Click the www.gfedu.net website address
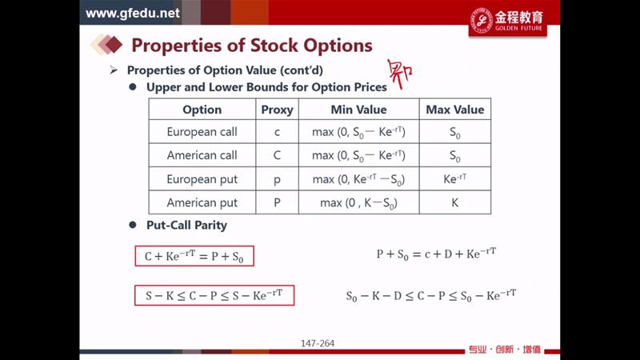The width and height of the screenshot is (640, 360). pos(133,13)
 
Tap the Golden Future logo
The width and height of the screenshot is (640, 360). pos(507,22)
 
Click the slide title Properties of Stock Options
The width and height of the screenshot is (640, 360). pos(252,46)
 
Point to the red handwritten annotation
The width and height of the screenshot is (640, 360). pos(399,74)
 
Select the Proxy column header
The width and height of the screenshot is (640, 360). pos(277,110)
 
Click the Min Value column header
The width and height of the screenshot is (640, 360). pos(358,110)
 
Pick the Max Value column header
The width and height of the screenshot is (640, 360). pos(454,110)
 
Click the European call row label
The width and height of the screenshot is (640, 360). pos(202,132)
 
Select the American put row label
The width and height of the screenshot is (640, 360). pos(202,203)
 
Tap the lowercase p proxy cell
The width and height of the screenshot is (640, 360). pos(277,180)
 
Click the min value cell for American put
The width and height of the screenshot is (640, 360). pos(358,203)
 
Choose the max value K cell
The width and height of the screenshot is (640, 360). pos(454,203)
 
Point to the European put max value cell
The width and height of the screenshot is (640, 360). pos(454,178)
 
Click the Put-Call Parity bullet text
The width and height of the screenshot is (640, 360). pos(186,226)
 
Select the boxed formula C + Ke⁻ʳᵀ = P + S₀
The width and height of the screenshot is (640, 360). pos(194,256)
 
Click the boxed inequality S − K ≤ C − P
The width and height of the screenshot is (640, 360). pos(214,295)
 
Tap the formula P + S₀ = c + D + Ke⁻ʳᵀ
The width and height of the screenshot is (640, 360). pos(436,254)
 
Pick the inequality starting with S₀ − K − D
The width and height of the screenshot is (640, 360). pos(431,295)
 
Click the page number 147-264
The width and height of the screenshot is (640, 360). pos(318,343)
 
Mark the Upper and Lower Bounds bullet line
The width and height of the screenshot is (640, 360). pos(266,87)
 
